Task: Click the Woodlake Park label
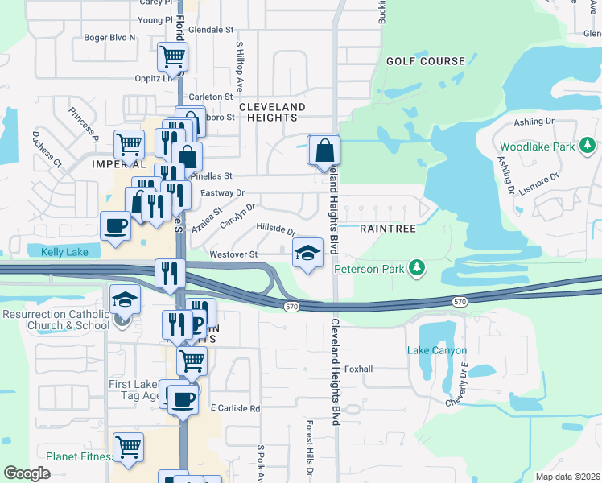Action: pos(537,147)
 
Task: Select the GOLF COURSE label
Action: pos(426,61)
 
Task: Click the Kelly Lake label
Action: pos(64,253)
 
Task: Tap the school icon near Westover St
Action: pos(307,254)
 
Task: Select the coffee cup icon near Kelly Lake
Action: pos(115,225)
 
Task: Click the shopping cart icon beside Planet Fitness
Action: pos(128,447)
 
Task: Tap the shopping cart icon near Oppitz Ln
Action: pos(172,57)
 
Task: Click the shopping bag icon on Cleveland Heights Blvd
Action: pos(325,150)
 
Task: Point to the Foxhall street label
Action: pos(358,369)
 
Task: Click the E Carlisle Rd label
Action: pos(235,408)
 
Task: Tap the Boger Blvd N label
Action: pos(110,37)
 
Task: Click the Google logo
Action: pos(27,473)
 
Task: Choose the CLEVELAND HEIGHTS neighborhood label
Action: pos(272,112)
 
